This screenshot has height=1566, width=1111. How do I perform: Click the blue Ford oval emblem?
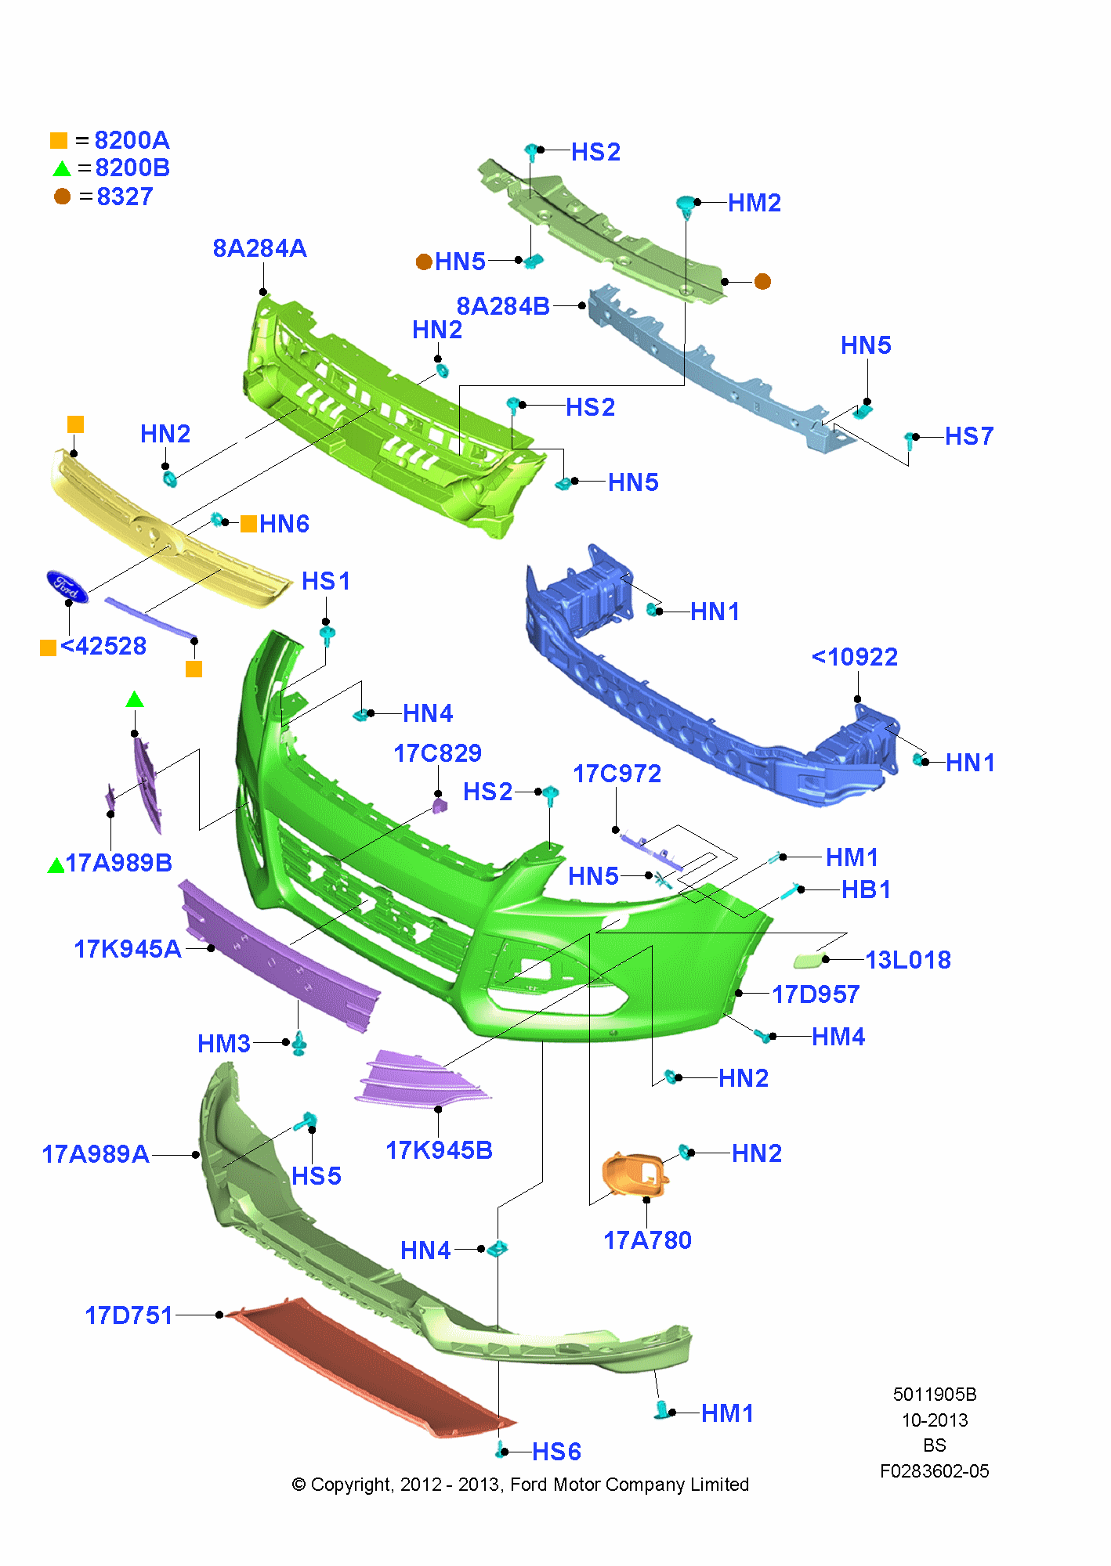point(67,586)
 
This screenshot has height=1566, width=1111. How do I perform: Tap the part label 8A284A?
point(259,249)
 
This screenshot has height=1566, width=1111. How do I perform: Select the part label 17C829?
point(437,753)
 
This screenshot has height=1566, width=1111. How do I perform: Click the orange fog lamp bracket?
point(634,1174)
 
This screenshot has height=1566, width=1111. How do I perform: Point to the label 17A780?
point(647,1240)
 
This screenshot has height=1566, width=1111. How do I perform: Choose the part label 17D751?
point(128,1315)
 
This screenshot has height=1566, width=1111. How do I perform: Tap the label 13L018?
point(907,960)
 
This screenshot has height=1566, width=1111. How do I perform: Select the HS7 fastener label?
point(968,436)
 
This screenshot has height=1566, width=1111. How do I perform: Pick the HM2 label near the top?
point(754,204)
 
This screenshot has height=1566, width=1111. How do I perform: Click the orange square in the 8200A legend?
point(59,140)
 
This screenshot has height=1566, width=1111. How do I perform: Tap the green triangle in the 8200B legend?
point(61,168)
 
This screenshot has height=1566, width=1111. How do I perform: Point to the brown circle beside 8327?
point(62,197)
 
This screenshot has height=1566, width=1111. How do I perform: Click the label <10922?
point(854,657)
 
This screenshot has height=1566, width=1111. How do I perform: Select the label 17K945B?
point(439,1150)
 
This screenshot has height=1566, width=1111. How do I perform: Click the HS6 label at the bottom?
point(556,1452)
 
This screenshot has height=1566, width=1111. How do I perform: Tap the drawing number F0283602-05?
point(934,1471)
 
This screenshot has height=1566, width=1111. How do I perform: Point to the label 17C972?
point(617,774)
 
